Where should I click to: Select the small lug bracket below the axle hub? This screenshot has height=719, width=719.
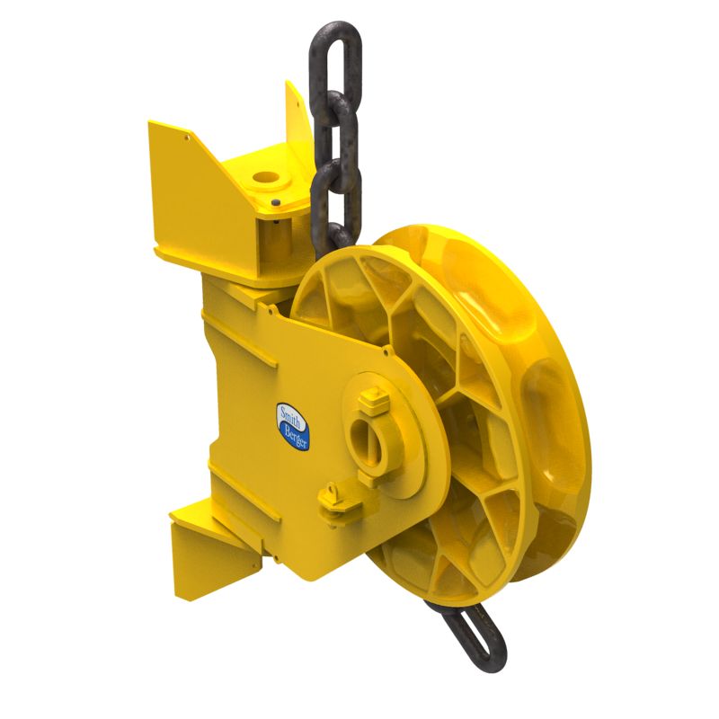tap(334, 495)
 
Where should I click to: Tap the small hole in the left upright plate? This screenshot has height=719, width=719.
tap(186, 138)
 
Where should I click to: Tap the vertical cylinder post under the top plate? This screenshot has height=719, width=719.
tap(273, 243)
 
